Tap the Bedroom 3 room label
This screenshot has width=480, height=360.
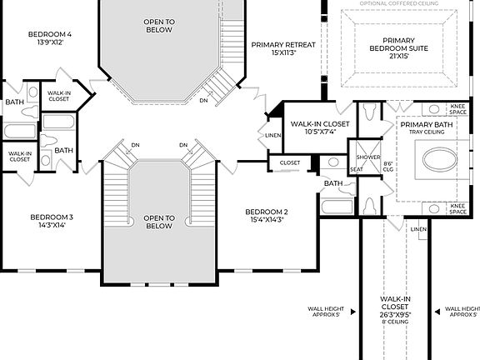pyautogui.click(x=52, y=221)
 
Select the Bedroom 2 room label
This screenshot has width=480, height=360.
pyautogui.click(x=267, y=216)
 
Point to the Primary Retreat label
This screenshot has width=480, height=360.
pyautogui.click(x=282, y=49)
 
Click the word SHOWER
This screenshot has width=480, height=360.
pyautogui.click(x=367, y=157)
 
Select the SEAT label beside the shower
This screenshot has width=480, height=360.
pyautogui.click(x=357, y=169)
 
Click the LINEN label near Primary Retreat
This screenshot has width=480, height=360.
pyautogui.click(x=273, y=135)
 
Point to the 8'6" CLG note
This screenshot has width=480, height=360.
pyautogui.click(x=387, y=166)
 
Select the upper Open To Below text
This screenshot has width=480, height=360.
pyautogui.click(x=157, y=26)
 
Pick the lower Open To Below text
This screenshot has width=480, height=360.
pyautogui.click(x=157, y=222)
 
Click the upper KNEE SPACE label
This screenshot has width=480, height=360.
pyautogui.click(x=457, y=111)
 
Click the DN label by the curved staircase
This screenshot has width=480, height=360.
pyautogui.click(x=204, y=100)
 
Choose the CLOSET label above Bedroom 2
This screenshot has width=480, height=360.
pyautogui.click(x=289, y=162)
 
